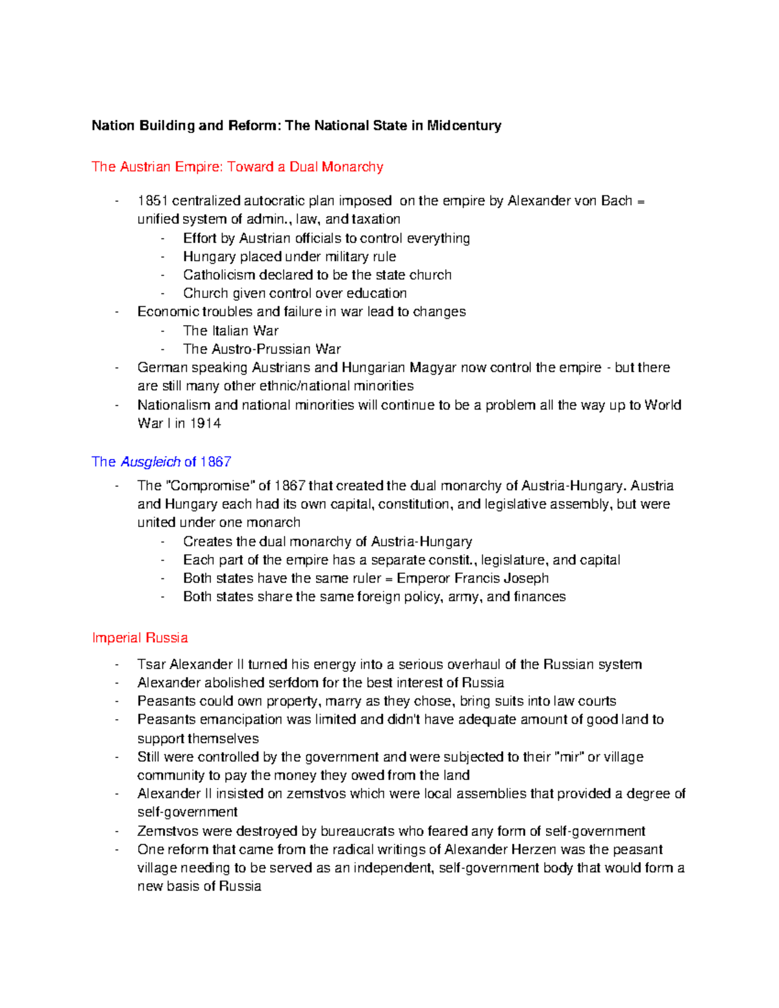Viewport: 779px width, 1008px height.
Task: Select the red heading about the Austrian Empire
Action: tap(237, 167)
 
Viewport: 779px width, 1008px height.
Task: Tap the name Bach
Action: tap(616, 201)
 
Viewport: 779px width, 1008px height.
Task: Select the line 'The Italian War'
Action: tap(230, 330)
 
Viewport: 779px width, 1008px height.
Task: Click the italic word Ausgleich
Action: tap(150, 461)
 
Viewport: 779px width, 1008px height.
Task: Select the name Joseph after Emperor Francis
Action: tap(526, 578)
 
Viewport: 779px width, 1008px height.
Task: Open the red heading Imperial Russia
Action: tap(140, 638)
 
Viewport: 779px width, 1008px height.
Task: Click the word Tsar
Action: tap(151, 664)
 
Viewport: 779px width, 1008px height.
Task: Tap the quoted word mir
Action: tap(569, 757)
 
